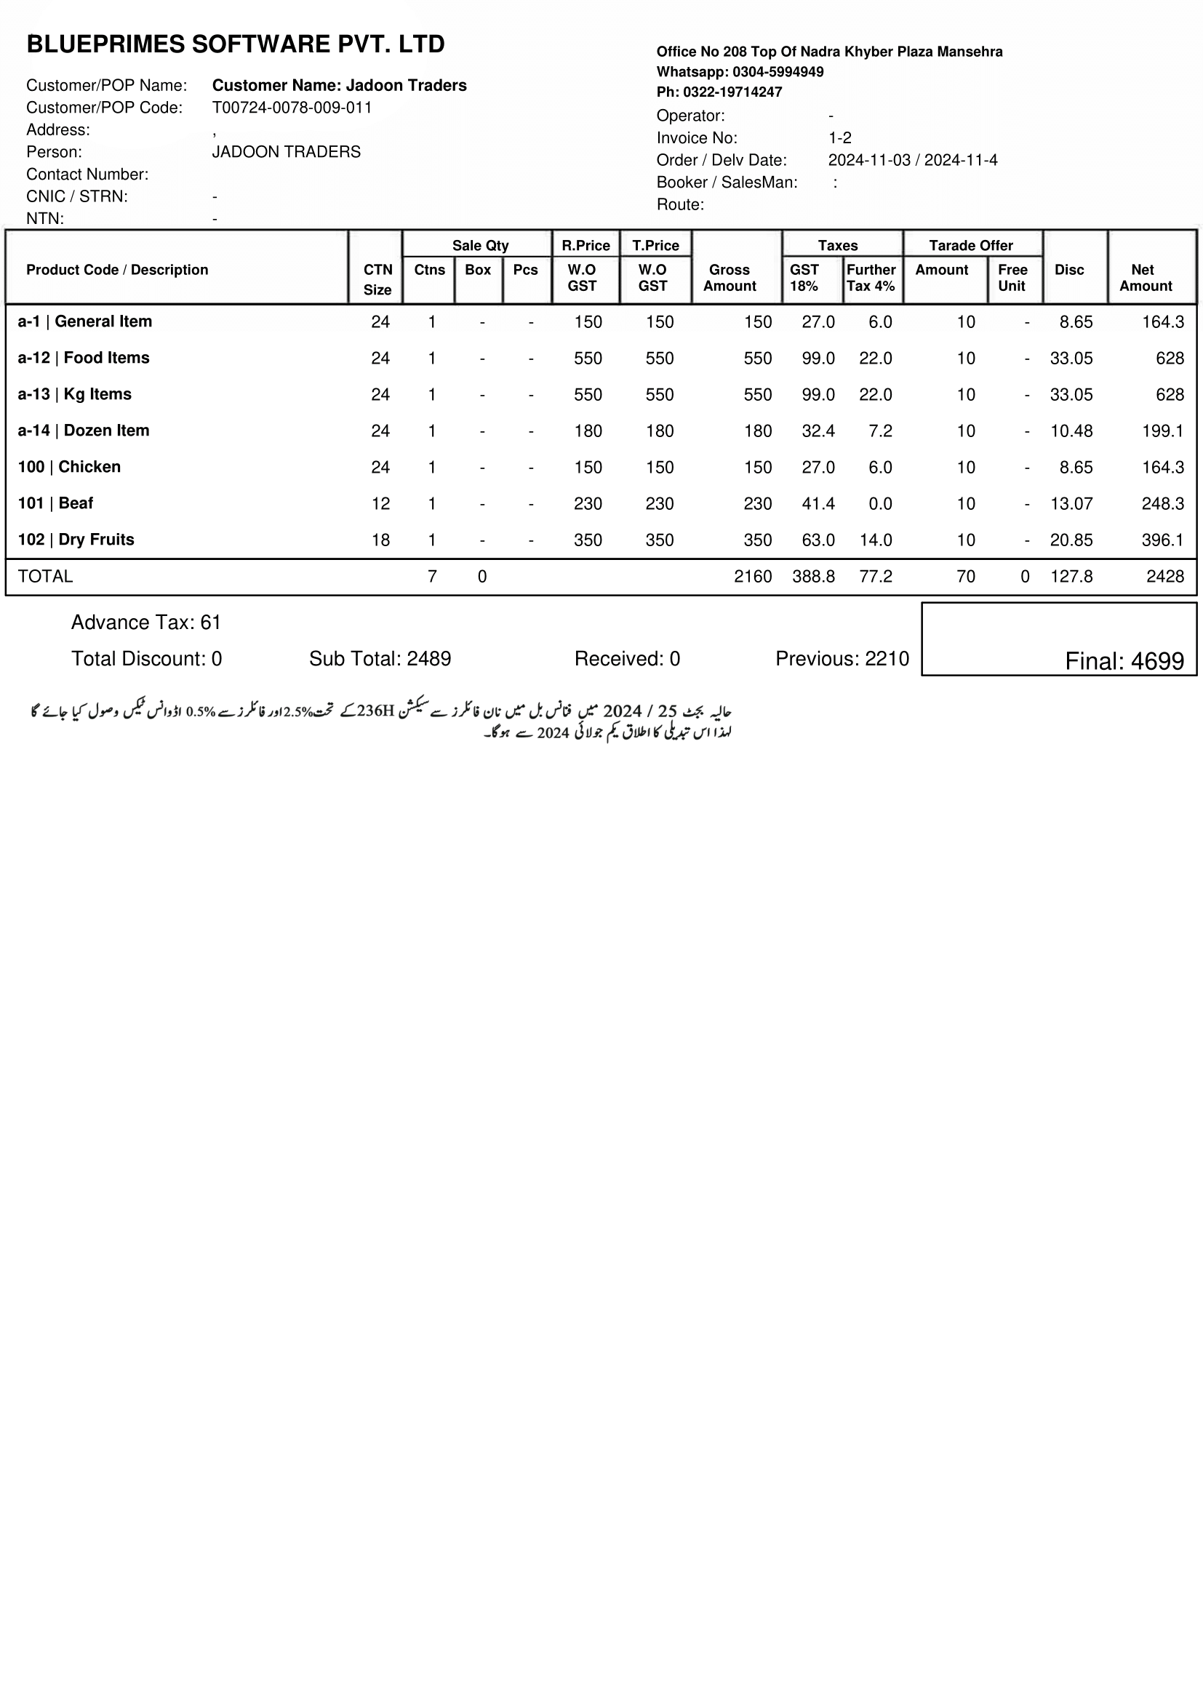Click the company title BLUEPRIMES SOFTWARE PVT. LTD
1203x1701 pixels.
pos(236,44)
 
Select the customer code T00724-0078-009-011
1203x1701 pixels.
pos(292,108)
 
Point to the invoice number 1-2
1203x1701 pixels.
pos(839,137)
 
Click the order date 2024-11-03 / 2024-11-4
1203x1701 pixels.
pos(912,160)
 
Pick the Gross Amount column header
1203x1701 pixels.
pos(729,278)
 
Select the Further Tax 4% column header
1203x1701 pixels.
pos(871,278)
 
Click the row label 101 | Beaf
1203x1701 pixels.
pos(55,503)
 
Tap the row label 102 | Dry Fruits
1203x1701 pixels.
pos(76,540)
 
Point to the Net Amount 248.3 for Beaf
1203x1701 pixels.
pos(1162,504)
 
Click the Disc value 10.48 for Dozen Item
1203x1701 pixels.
pos(1071,431)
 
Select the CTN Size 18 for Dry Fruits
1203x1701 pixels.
pos(380,540)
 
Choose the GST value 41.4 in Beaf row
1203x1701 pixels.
pos(817,504)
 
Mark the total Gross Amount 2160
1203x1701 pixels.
pos(752,577)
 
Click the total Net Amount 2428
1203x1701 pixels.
pos(1164,577)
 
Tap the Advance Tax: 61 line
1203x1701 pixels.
pos(146,623)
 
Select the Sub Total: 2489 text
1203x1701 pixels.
pos(379,659)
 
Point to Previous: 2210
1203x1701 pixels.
pos(842,659)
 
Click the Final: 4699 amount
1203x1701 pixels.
pos(1124,661)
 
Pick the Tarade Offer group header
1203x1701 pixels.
pos(970,245)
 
